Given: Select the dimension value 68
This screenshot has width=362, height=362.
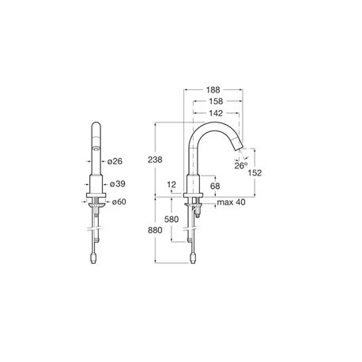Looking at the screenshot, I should [x=215, y=187].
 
